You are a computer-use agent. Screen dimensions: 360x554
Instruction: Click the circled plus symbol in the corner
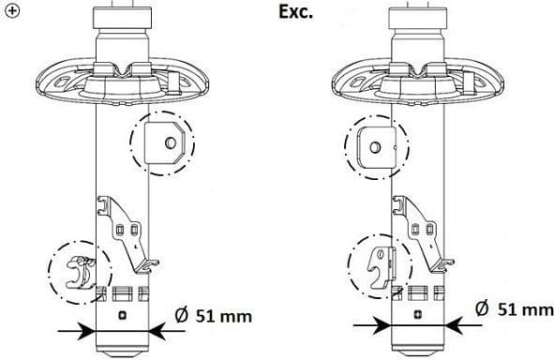11,9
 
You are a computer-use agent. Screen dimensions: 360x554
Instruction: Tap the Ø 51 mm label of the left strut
213,316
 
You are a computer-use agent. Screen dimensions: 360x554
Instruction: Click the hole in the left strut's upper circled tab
169,142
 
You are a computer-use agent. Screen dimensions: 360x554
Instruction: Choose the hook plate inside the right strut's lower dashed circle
380,266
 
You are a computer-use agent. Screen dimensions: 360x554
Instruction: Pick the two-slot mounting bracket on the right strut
423,226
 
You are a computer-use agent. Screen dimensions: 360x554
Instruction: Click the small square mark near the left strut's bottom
122,315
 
